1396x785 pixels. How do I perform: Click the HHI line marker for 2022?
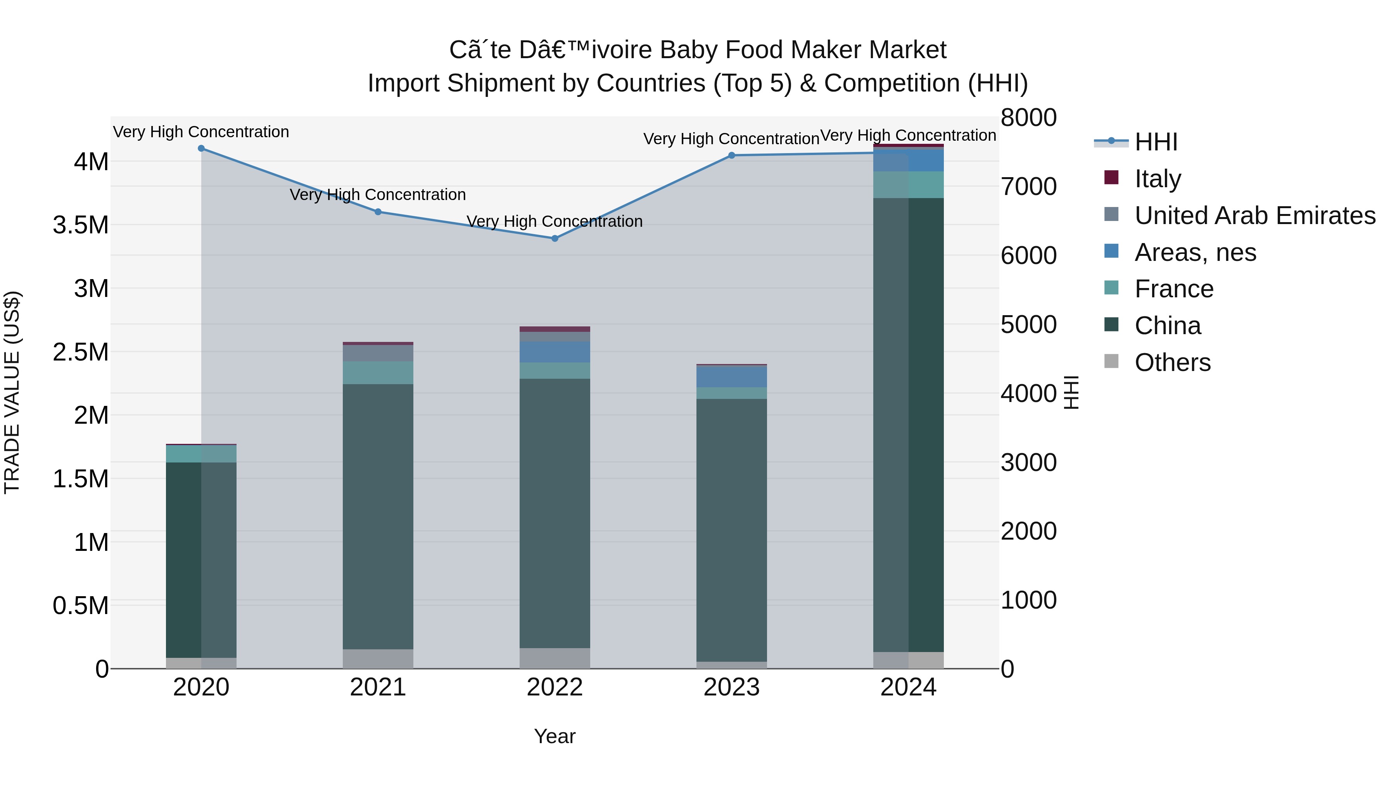pos(555,238)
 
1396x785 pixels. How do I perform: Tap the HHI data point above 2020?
pos(201,148)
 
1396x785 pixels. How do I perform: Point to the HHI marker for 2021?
pos(378,212)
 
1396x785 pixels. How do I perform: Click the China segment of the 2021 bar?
pos(378,515)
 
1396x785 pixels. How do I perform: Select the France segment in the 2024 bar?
pos(908,185)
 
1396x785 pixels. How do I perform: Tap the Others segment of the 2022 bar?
pos(555,658)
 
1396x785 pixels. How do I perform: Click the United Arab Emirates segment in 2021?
pos(378,353)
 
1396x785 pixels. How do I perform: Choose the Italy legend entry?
pos(1158,179)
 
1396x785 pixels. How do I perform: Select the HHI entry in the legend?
pos(1156,142)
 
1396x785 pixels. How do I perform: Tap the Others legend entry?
pos(1172,362)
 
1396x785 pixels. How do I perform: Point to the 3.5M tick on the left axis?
pos(81,225)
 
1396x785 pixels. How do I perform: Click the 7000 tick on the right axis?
pos(1028,187)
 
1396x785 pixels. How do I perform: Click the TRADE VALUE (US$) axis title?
pos(12,392)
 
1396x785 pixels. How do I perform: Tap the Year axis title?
pos(555,736)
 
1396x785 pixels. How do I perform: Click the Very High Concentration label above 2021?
pos(378,195)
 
